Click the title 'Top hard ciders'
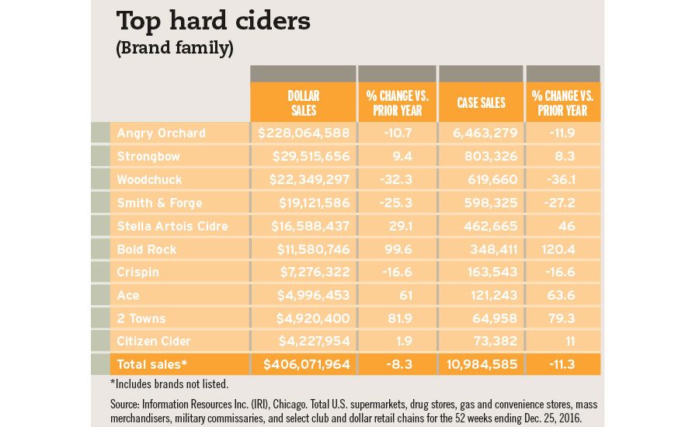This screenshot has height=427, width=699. [213, 20]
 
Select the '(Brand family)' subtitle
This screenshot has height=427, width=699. [175, 48]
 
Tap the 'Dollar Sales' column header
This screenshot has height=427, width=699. [303, 102]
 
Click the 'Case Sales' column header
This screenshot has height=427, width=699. [481, 102]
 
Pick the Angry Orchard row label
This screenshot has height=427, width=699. [161, 133]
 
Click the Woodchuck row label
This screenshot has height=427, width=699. [149, 179]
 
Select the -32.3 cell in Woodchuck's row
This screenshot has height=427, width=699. [396, 179]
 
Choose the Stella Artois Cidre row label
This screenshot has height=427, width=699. [172, 226]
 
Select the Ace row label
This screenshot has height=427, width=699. [128, 295]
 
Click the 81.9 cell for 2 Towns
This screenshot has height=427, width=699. [396, 318]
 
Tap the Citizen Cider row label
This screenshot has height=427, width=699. [154, 342]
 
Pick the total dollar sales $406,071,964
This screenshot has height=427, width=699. [307, 364]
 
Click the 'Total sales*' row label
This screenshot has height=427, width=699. [152, 364]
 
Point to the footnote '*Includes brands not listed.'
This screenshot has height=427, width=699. [169, 384]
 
